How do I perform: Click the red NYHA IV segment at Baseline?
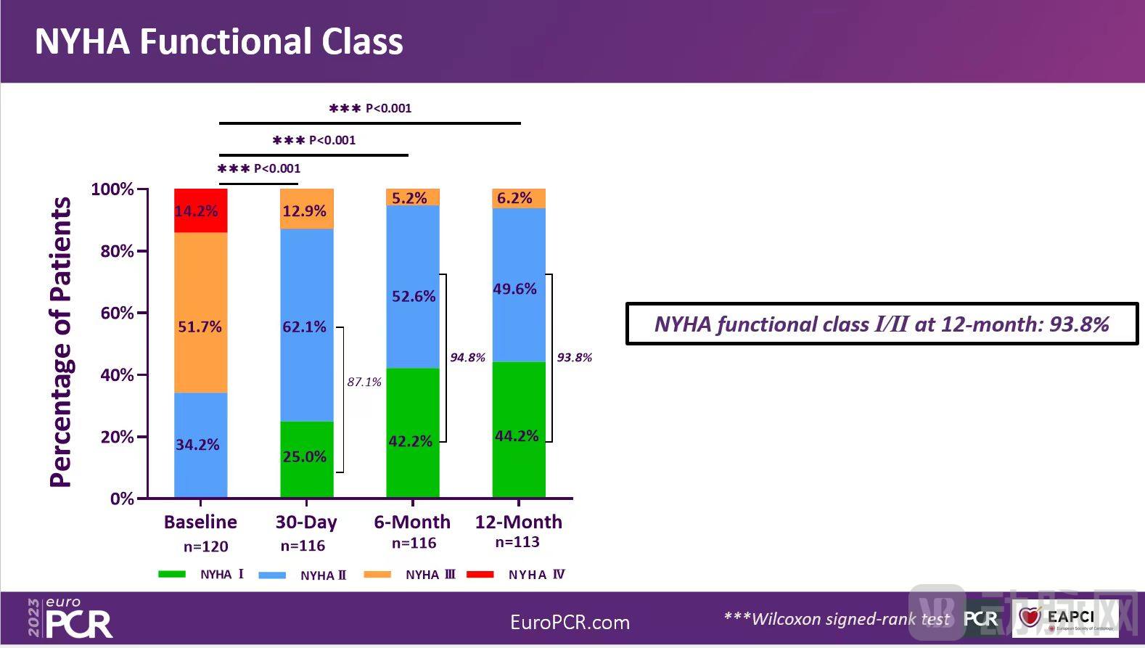tap(201, 210)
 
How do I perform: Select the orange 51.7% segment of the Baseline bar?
tap(201, 312)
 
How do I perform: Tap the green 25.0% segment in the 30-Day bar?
tap(306, 459)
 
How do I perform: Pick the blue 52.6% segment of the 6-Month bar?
tap(412, 287)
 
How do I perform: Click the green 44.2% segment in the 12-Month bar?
tap(518, 430)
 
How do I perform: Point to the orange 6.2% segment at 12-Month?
tap(518, 198)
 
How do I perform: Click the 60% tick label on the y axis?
tap(117, 313)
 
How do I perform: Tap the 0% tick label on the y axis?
tap(122, 499)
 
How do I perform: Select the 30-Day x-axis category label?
tap(306, 522)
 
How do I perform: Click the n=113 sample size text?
tap(517, 542)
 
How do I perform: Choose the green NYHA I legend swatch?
tap(172, 574)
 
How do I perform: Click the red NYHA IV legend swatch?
tap(480, 574)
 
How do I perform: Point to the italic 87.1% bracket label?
tap(364, 382)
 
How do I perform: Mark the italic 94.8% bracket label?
tap(467, 358)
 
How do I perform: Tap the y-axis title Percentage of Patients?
tap(61, 343)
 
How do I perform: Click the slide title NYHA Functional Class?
tap(218, 41)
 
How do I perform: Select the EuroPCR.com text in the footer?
tap(570, 623)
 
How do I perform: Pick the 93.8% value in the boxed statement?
tap(1079, 324)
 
